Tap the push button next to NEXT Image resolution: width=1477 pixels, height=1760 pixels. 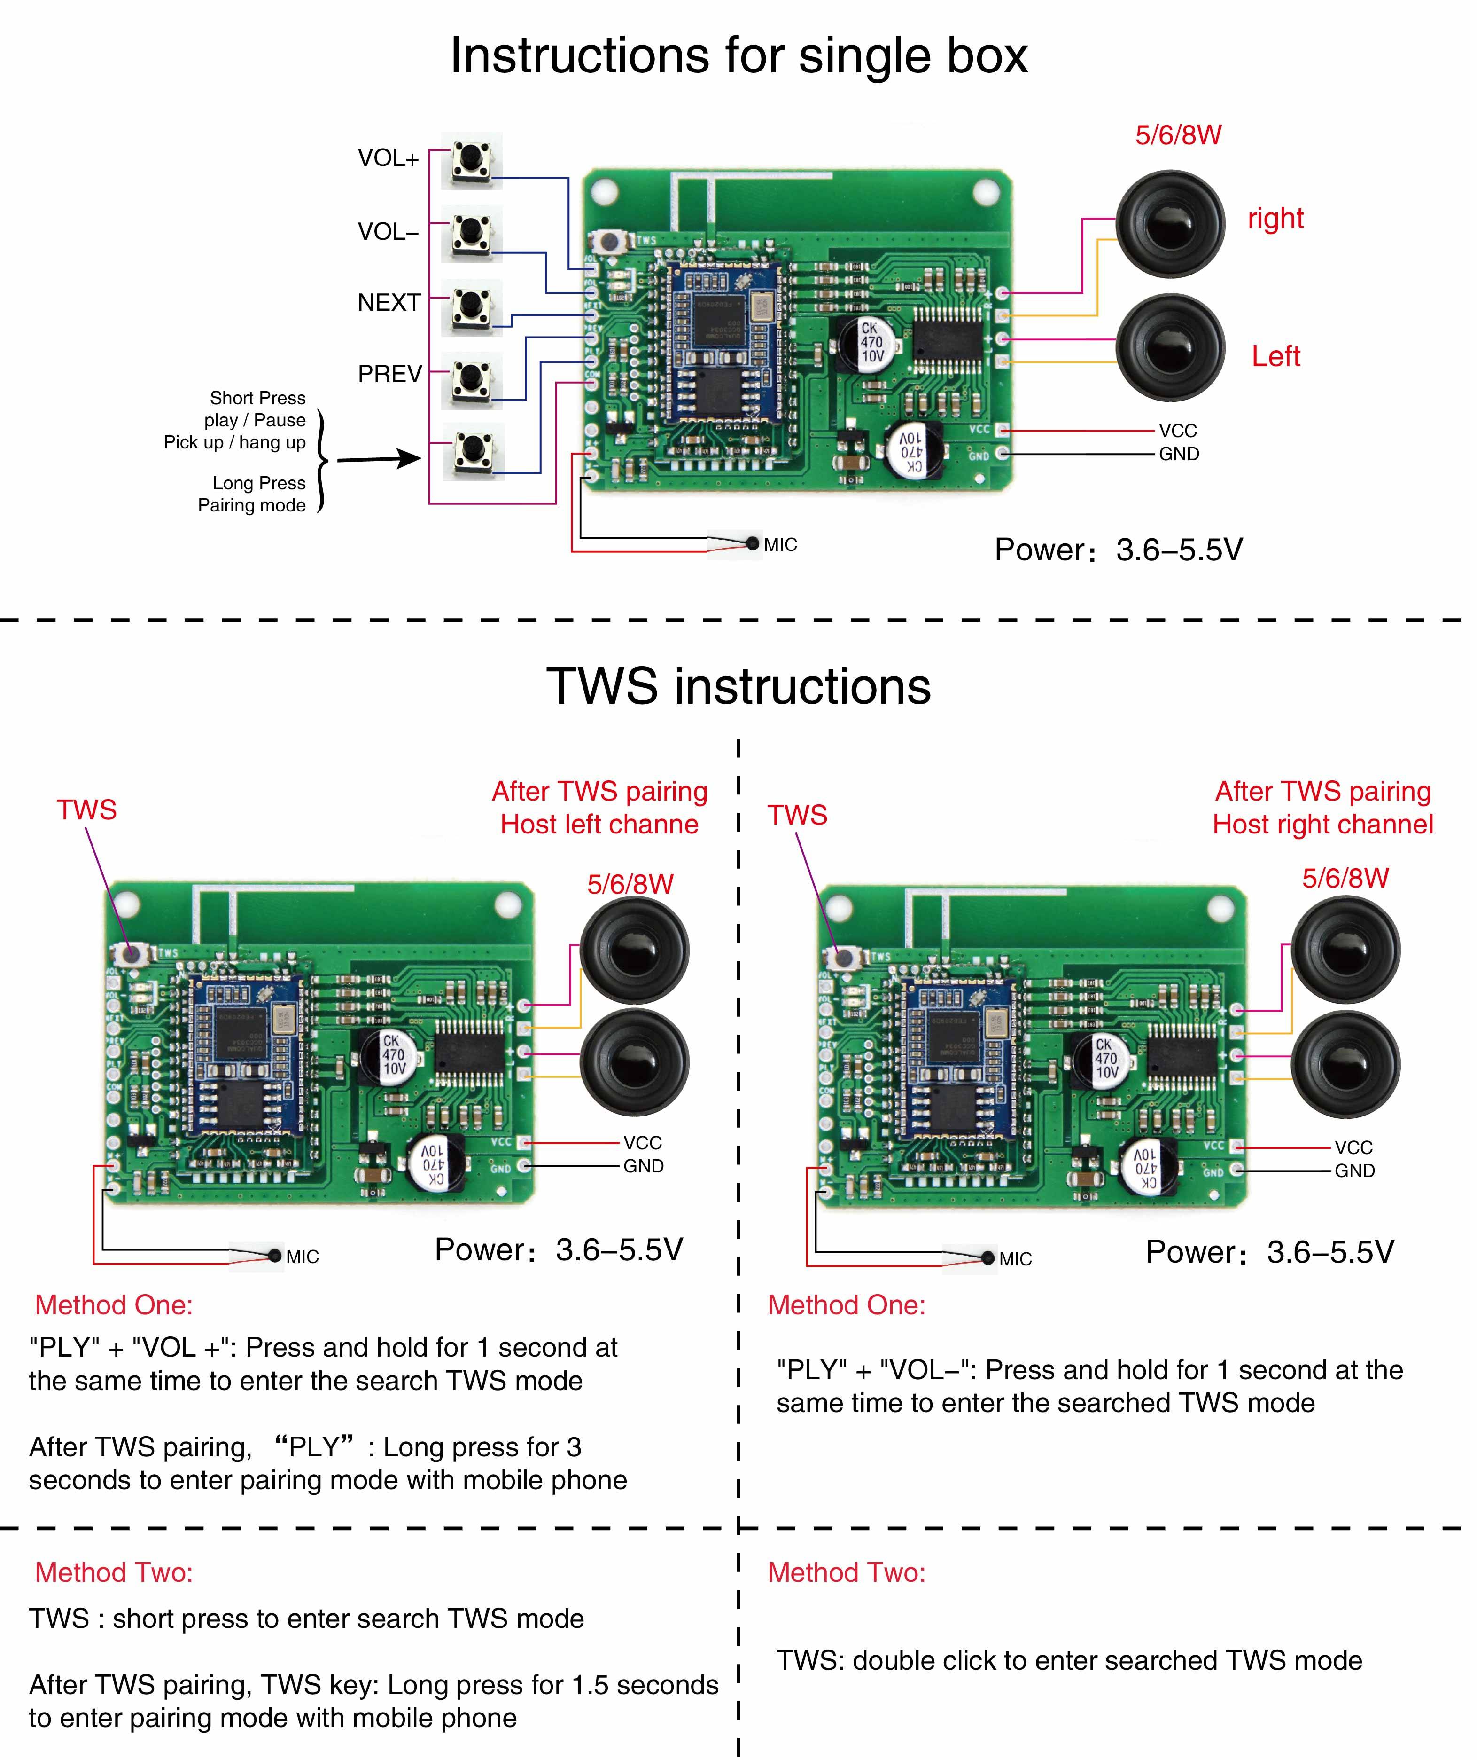(472, 307)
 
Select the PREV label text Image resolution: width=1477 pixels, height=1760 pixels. (389, 374)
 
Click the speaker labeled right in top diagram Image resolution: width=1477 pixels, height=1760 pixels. (1170, 225)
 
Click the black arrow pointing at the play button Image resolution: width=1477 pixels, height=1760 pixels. (379, 458)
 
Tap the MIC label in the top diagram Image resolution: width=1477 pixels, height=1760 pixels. (780, 545)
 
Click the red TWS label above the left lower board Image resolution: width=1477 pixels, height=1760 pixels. (86, 809)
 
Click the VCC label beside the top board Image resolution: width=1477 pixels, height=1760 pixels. (1177, 431)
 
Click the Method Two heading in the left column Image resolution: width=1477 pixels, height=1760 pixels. (114, 1572)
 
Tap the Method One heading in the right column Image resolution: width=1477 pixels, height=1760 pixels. (846, 1305)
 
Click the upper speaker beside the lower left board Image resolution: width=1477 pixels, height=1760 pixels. (634, 951)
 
